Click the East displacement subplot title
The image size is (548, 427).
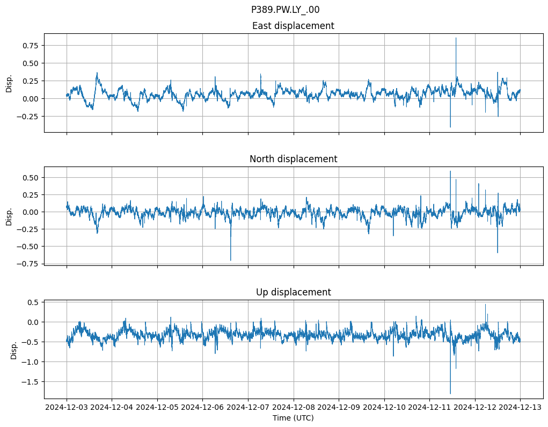coord(293,26)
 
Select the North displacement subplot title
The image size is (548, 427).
coord(293,159)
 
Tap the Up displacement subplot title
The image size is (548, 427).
coord(293,292)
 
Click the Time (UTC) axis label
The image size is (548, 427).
coord(293,417)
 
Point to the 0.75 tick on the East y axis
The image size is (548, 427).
coord(31,46)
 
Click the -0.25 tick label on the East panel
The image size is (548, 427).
coord(30,116)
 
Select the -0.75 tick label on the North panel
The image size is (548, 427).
coord(30,263)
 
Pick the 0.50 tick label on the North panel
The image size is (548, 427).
coord(31,177)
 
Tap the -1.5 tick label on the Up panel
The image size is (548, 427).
coord(32,381)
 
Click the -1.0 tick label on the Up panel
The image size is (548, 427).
coord(32,362)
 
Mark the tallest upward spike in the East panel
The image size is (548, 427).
coord(456,38)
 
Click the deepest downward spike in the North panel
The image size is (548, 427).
coord(231,260)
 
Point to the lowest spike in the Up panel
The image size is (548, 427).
coord(450,393)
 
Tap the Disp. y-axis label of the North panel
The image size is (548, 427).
coord(9,216)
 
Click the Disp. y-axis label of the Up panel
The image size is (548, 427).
coord(14,350)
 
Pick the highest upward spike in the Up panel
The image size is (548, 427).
coord(485,305)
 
